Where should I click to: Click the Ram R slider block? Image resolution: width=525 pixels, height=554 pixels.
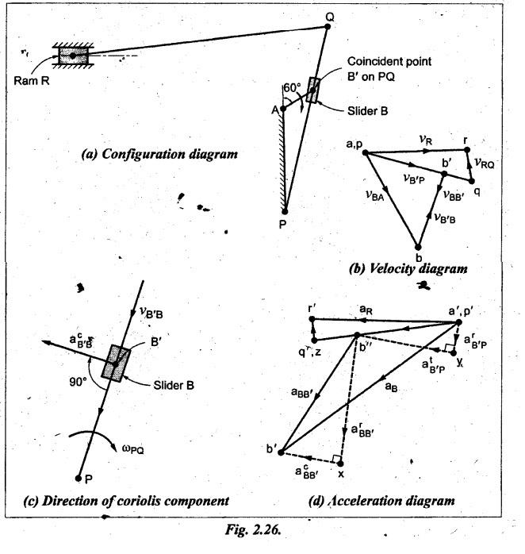tap(73, 56)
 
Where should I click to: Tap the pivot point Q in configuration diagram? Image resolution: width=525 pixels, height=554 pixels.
tap(328, 26)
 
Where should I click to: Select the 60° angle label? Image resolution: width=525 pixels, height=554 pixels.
tap(292, 87)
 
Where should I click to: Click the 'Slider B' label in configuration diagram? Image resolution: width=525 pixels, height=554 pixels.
tap(367, 111)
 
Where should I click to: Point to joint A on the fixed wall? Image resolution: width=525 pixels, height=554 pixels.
tap(283, 109)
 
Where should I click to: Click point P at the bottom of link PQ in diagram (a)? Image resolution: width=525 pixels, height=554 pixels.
tap(285, 212)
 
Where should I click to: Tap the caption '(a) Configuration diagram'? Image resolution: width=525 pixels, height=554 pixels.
tap(159, 155)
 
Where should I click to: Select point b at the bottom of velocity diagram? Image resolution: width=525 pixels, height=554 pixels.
tap(418, 247)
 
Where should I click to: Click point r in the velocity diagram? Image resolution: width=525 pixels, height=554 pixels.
tap(467, 150)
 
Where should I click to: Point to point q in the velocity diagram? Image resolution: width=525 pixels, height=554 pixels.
tap(471, 181)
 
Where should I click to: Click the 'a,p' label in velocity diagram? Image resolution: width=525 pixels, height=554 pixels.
tap(354, 144)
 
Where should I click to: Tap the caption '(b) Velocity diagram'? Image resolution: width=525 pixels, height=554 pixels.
tap(408, 269)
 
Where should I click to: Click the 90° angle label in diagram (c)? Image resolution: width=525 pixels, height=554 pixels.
tap(78, 382)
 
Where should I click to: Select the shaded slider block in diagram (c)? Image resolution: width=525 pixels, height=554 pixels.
tap(116, 364)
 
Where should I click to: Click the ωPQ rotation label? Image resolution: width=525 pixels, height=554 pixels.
tap(133, 449)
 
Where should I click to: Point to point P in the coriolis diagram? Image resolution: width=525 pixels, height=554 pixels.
tap(79, 479)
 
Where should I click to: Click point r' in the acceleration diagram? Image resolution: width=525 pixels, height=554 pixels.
tap(312, 319)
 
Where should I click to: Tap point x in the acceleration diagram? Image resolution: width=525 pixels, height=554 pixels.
tap(340, 463)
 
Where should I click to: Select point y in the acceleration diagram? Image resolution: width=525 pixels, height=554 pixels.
tap(454, 352)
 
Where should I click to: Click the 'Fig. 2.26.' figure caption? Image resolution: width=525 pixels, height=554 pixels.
tap(253, 530)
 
